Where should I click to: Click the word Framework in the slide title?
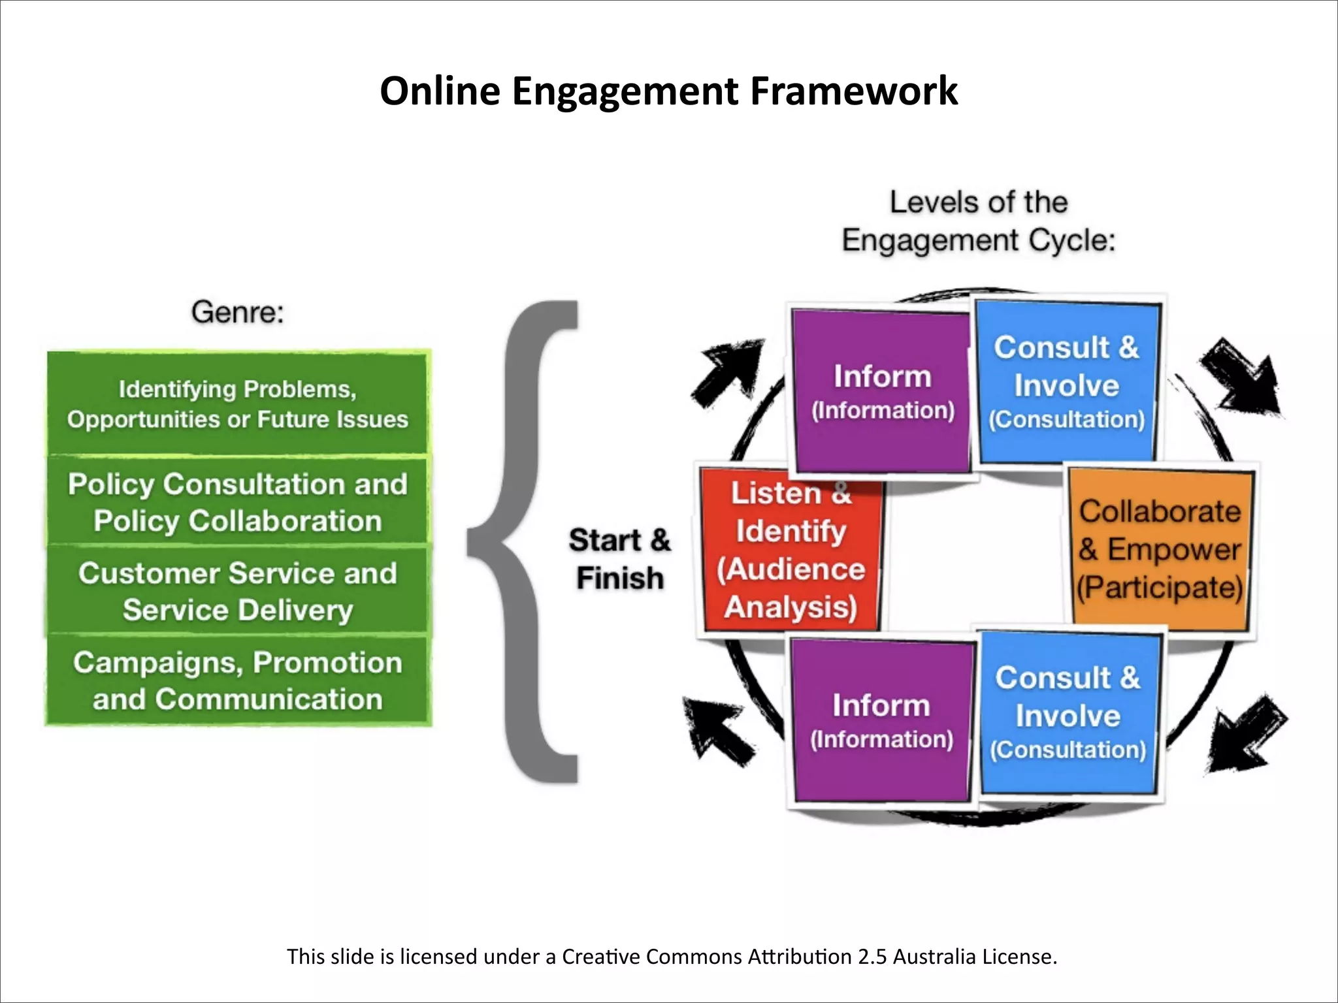(853, 91)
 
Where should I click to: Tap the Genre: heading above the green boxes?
(238, 312)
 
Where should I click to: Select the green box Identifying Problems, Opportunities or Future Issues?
(238, 404)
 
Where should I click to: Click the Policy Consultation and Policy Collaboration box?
(238, 501)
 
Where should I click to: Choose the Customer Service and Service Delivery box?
(238, 591)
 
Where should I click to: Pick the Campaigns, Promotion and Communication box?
(238, 680)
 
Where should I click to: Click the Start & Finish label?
(619, 559)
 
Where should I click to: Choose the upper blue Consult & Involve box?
(1067, 382)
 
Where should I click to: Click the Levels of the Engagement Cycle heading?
(978, 221)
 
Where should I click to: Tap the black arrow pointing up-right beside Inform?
(726, 372)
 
